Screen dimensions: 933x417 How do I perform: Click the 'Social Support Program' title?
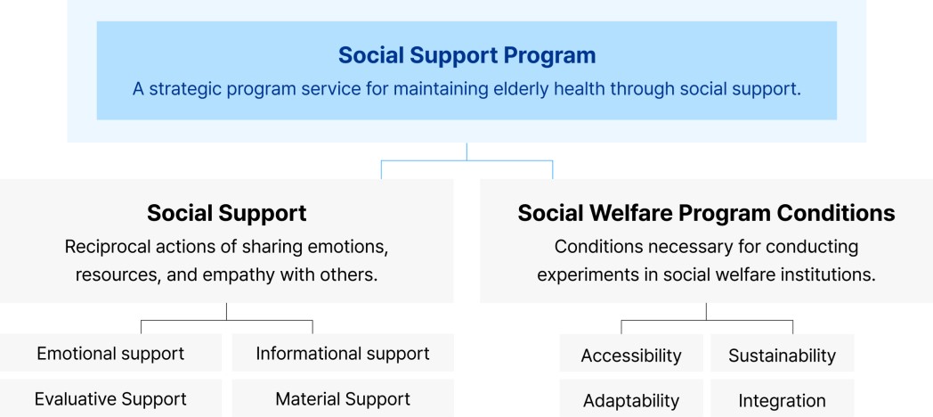[x=466, y=55]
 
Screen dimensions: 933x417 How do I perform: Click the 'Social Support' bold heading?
[x=227, y=213]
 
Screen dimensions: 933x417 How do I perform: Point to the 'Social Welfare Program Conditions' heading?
[x=706, y=213]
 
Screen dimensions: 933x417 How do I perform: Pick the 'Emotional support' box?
[x=110, y=353]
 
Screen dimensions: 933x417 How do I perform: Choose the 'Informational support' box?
[x=343, y=353]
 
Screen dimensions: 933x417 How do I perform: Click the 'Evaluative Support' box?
[x=110, y=398]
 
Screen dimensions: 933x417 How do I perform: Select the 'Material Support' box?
[x=343, y=398]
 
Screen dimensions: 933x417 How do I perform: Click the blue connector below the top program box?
[x=467, y=160]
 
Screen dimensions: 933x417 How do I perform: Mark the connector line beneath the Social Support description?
[x=227, y=321]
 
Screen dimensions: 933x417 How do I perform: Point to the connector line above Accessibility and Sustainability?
[x=707, y=321]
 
